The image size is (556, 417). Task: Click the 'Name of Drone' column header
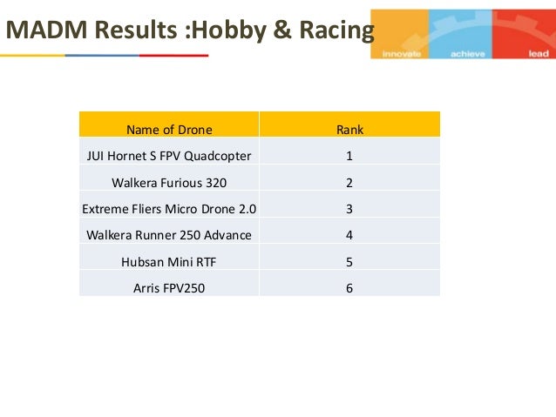click(169, 130)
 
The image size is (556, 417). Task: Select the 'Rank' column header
click(349, 130)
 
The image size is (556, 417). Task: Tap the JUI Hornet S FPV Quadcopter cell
click(169, 156)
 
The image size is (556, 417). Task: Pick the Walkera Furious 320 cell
click(169, 183)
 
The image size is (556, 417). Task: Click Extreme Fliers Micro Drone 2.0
click(169, 209)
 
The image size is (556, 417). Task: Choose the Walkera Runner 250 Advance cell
click(169, 235)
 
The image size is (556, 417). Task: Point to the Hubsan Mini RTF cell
click(169, 261)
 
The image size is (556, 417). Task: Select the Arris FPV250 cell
click(169, 287)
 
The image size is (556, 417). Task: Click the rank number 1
click(349, 156)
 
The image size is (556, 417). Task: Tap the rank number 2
click(349, 183)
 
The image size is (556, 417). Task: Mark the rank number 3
click(349, 209)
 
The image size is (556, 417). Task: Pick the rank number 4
click(349, 235)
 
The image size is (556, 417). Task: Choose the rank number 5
click(349, 261)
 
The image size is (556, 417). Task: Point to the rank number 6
click(349, 287)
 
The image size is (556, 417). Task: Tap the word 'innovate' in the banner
click(402, 53)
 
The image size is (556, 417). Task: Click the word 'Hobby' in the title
click(231, 31)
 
